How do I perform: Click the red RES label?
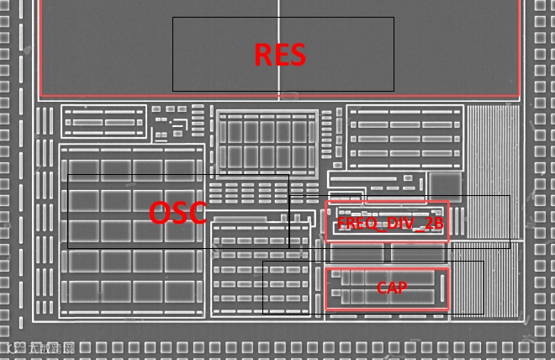pos(280,55)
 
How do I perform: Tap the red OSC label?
pos(177,213)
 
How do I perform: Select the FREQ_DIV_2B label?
pos(390,223)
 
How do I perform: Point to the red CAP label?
pos(392,288)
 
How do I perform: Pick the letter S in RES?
pos(297,55)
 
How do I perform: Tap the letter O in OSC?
pos(160,213)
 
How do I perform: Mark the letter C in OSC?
pos(197,213)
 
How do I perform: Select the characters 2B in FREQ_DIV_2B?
pos(432,223)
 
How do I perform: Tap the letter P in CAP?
pos(403,288)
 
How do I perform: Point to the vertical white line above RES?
pos(278,8)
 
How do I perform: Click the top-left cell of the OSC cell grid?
pos(82,167)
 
